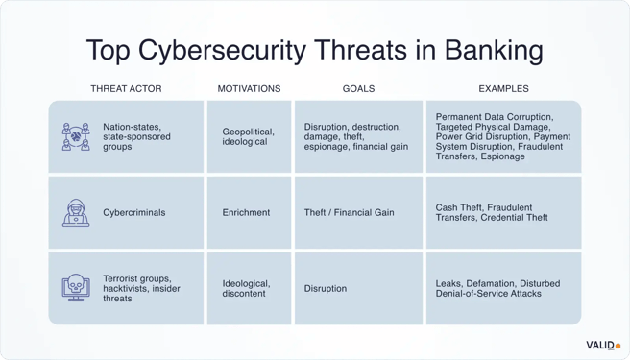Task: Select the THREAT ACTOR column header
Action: (126, 89)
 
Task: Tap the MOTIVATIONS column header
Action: (249, 89)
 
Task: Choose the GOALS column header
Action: (358, 89)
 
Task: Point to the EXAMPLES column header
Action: (503, 89)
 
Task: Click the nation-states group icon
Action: (76, 136)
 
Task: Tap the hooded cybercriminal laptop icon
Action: (76, 212)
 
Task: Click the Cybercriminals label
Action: (133, 213)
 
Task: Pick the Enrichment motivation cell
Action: (247, 213)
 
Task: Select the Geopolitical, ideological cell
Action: (248, 136)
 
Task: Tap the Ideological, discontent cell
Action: (246, 288)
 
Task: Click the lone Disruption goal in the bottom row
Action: (326, 288)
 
